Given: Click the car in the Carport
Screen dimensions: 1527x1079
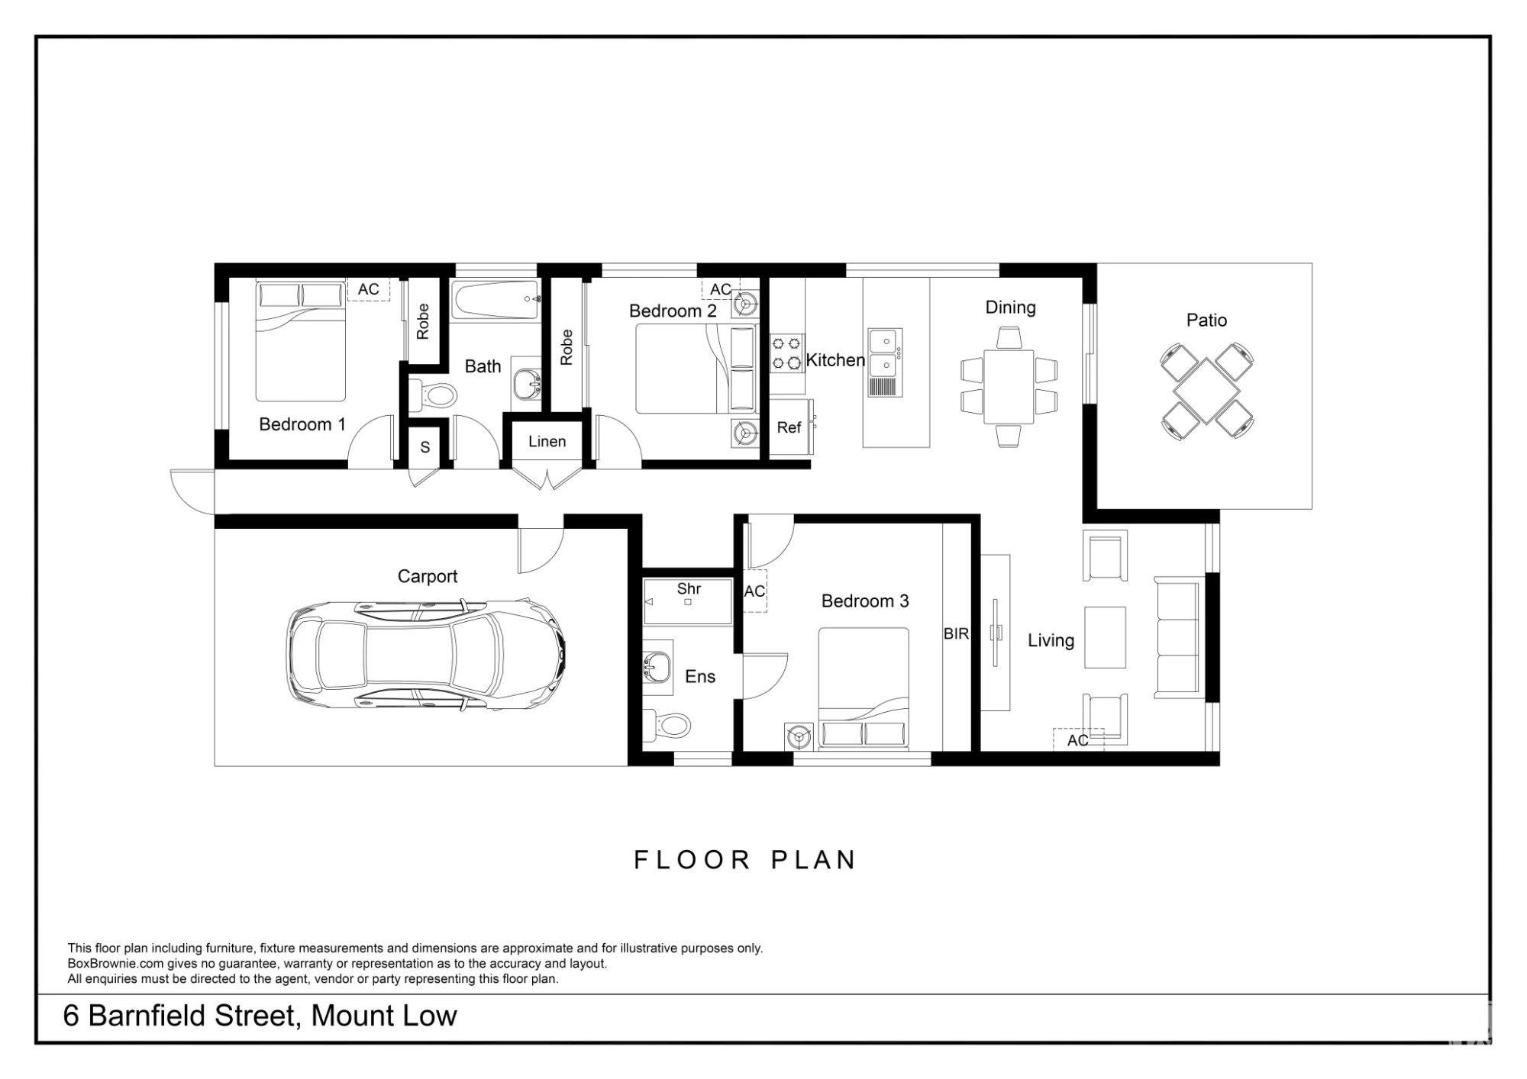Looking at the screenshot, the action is pyautogui.click(x=426, y=655).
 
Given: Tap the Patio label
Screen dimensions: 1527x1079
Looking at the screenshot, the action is pyautogui.click(x=1206, y=320).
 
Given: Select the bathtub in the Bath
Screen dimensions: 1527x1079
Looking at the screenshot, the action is pyautogui.click(x=496, y=300).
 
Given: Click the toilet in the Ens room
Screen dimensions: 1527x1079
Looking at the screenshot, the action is pyautogui.click(x=667, y=724).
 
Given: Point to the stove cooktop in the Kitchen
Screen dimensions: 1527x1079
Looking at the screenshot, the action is pyautogui.click(x=786, y=353).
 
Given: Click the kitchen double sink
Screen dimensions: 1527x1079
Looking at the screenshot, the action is pyautogui.click(x=885, y=362).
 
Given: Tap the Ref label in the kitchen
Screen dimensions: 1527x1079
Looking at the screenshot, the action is pyautogui.click(x=789, y=427).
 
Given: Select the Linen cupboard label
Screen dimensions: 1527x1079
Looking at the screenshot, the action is pyautogui.click(x=547, y=441).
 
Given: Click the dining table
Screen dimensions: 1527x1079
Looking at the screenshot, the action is pyautogui.click(x=1009, y=386).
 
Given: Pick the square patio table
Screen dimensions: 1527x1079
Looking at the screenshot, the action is pyautogui.click(x=1206, y=391).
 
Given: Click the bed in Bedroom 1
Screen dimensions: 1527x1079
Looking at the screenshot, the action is pyautogui.click(x=300, y=341).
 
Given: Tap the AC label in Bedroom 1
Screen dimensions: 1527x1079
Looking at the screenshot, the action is pyautogui.click(x=368, y=289).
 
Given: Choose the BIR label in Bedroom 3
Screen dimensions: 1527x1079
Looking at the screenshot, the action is pyautogui.click(x=956, y=633).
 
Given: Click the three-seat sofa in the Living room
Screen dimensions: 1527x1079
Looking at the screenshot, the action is pyautogui.click(x=1177, y=638).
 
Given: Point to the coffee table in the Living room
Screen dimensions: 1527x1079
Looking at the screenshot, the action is pyautogui.click(x=1105, y=637).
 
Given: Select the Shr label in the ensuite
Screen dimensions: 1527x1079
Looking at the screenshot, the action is pyautogui.click(x=689, y=588).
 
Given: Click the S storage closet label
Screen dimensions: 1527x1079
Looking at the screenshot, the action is pyautogui.click(x=425, y=447).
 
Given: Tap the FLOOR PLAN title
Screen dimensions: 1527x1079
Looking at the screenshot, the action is pyautogui.click(x=745, y=860).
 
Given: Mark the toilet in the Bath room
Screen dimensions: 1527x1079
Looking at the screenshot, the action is pyautogui.click(x=433, y=395).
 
